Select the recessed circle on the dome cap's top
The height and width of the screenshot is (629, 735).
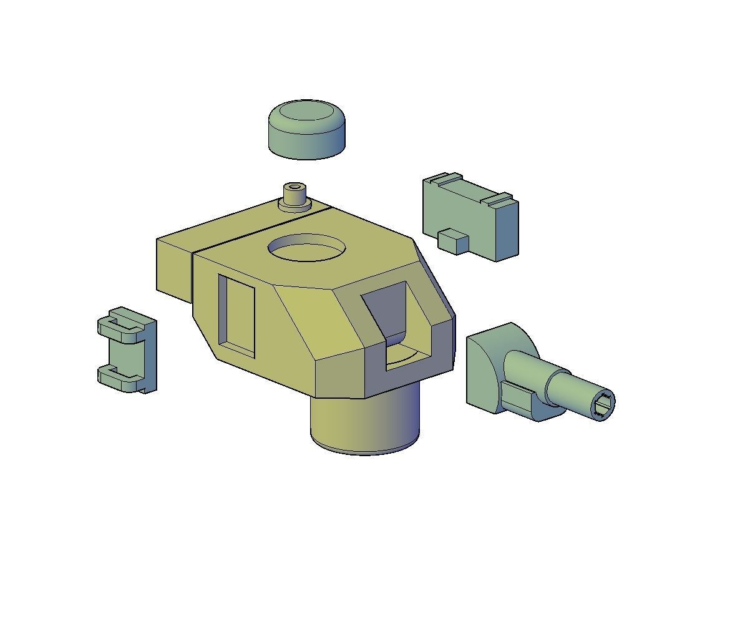[306, 112]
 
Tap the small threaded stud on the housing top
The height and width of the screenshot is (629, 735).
[295, 195]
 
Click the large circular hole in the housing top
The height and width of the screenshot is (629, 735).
[307, 248]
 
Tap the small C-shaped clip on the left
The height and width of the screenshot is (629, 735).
[128, 349]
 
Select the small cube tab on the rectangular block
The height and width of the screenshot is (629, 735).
[453, 241]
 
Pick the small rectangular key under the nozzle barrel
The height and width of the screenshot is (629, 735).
[518, 399]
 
